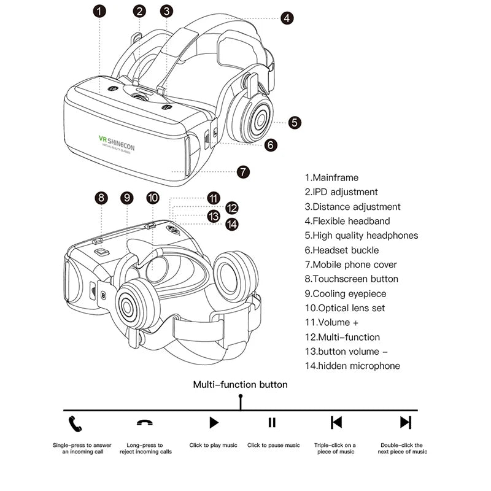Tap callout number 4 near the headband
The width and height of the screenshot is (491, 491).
click(x=287, y=18)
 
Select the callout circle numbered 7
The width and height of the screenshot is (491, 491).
click(x=244, y=172)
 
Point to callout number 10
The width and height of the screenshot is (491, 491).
click(x=153, y=198)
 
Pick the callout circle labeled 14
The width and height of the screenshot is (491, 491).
click(x=231, y=225)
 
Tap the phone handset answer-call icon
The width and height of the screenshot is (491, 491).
click(x=75, y=422)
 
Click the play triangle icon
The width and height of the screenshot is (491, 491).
click(x=214, y=422)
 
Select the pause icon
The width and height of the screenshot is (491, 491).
click(x=272, y=422)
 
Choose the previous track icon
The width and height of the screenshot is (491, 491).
click(x=336, y=422)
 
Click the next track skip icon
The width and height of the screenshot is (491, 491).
click(x=405, y=422)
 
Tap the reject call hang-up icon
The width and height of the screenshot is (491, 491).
click(x=145, y=423)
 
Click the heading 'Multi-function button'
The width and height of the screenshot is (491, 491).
click(x=240, y=385)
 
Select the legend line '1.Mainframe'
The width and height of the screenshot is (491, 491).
click(x=331, y=177)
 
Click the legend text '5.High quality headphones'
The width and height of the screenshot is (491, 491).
click(x=361, y=235)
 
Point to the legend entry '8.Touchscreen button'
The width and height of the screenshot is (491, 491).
click(x=352, y=279)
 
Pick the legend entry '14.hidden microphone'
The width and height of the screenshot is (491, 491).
click(x=352, y=366)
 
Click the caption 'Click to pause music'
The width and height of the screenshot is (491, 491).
click(x=274, y=446)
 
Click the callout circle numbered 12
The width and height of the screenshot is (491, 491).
click(x=231, y=207)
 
